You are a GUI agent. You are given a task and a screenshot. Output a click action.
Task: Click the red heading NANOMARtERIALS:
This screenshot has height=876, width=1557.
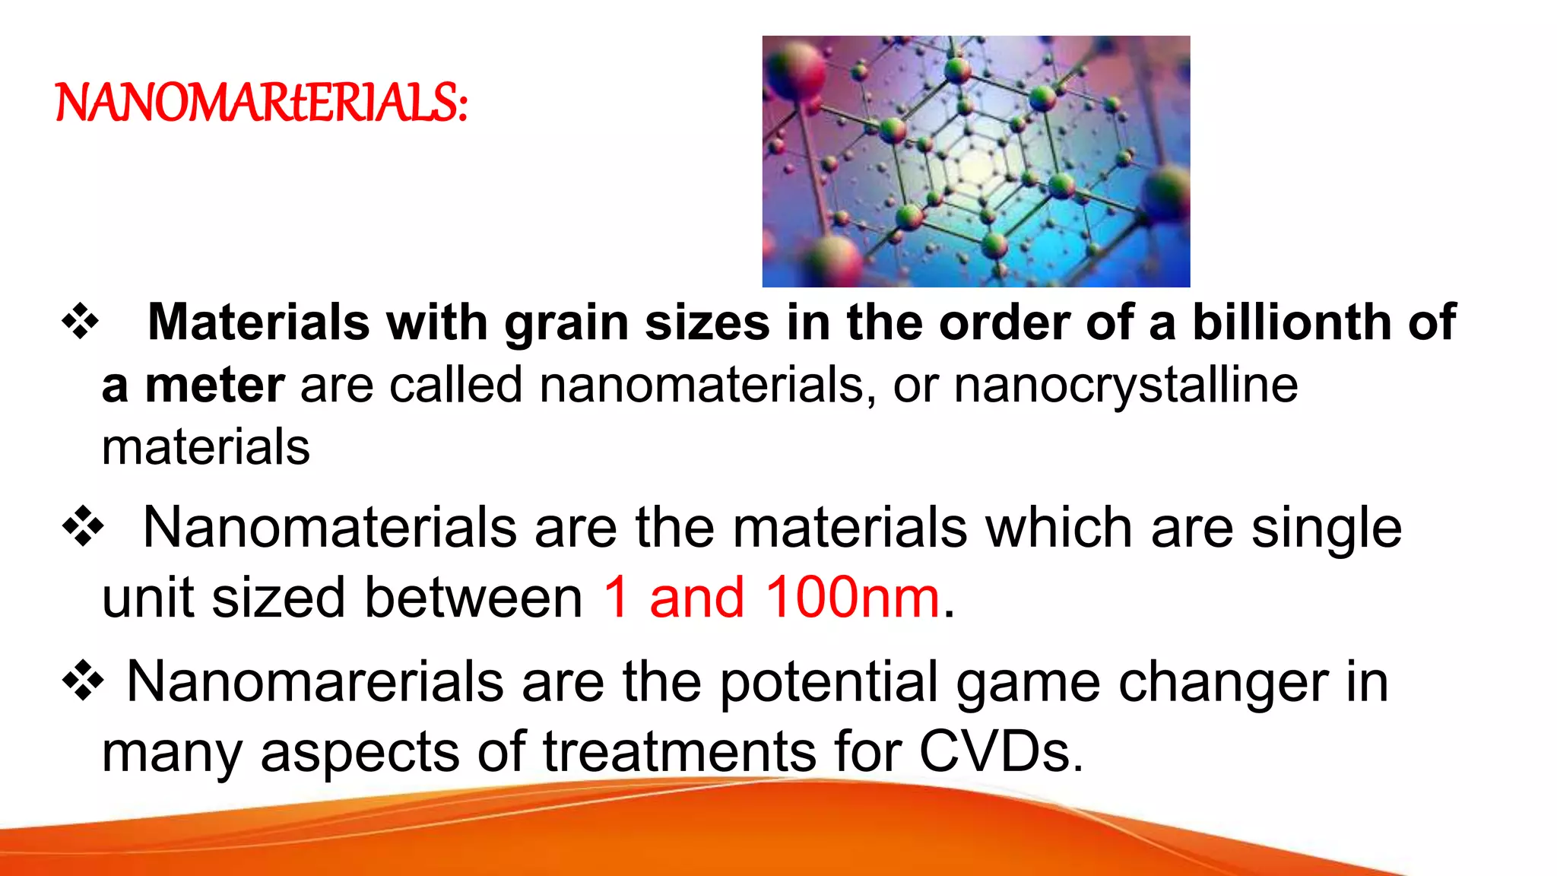click(262, 103)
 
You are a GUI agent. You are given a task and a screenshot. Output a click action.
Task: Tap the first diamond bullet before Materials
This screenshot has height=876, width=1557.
click(81, 322)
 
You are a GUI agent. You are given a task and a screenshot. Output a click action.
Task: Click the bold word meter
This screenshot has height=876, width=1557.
click(215, 385)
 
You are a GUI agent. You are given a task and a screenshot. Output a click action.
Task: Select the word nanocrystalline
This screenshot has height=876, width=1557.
click(1125, 385)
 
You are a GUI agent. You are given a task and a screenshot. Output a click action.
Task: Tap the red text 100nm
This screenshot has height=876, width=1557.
click(852, 598)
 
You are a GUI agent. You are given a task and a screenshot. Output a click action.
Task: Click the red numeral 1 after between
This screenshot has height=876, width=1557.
click(617, 598)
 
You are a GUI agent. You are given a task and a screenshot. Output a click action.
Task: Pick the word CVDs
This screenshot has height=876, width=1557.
click(1000, 752)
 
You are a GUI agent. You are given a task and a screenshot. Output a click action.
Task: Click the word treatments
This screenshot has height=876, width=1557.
click(679, 752)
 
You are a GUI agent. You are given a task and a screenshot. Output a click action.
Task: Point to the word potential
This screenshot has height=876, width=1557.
click(828, 682)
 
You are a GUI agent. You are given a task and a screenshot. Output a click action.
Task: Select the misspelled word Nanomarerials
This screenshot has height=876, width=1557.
click(315, 681)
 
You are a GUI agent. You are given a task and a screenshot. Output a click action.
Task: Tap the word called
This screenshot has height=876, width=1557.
click(456, 385)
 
